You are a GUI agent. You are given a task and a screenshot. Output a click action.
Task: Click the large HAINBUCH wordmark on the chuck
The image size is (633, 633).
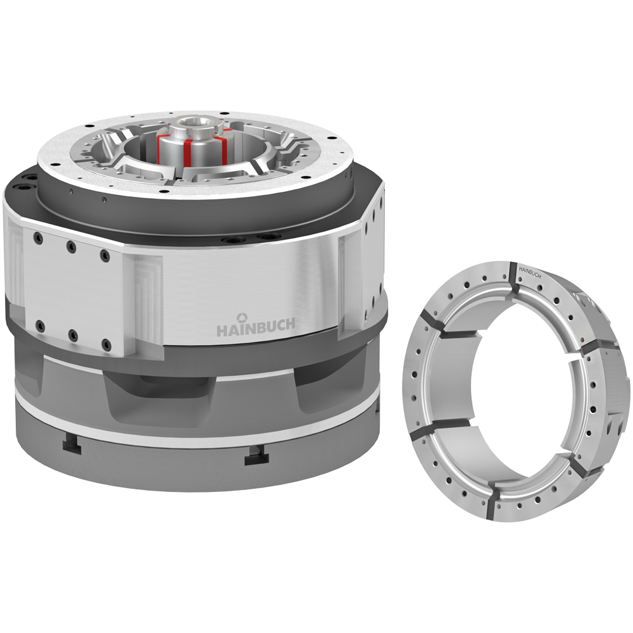[256, 327]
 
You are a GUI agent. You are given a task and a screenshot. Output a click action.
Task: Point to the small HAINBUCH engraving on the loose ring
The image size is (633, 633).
[530, 272]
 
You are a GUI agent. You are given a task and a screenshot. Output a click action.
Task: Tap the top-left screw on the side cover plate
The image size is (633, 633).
[39, 239]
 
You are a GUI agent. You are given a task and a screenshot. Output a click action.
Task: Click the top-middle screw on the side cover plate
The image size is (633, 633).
[72, 247]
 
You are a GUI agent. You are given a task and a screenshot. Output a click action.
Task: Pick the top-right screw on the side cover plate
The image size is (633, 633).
[105, 255]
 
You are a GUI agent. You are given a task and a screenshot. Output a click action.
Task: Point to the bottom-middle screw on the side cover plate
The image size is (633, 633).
[73, 335]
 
